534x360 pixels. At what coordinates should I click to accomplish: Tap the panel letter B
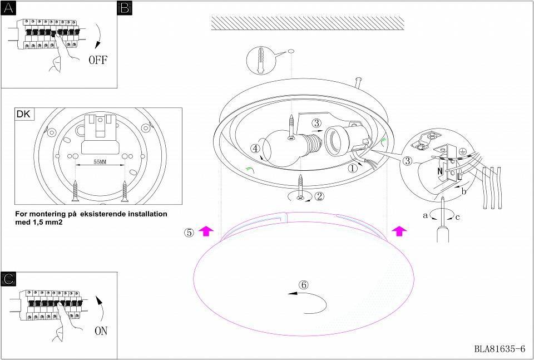pos(125,8)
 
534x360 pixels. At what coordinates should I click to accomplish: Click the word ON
pos(100,331)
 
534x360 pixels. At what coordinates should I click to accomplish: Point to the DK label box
pos(24,115)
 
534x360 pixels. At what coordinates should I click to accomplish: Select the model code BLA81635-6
pos(500,349)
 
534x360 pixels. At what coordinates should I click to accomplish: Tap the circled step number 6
pos(303,284)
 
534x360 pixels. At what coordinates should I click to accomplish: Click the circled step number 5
pos(189,233)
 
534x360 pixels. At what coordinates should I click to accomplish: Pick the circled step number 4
pos(255,149)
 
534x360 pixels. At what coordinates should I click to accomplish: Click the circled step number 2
pos(319,196)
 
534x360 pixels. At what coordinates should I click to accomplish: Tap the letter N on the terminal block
pos(440,171)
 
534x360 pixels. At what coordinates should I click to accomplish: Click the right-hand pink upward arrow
pos(398,231)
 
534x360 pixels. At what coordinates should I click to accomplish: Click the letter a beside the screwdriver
pos(425,214)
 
